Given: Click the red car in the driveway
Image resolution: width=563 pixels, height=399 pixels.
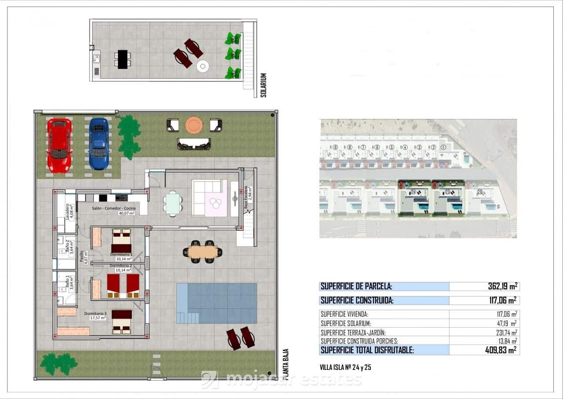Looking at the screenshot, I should point(59,145).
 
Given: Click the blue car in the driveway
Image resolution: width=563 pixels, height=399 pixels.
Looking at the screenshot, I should point(99,144).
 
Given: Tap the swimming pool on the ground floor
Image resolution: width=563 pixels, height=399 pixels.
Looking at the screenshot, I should point(216,303).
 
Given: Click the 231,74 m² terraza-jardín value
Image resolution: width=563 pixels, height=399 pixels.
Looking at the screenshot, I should point(505,332).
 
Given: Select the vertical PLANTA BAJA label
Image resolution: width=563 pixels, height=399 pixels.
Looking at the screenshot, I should point(285,364).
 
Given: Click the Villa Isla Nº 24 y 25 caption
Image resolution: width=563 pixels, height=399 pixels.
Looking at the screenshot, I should point(346,367).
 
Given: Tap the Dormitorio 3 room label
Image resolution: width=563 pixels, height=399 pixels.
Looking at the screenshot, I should point(95,314).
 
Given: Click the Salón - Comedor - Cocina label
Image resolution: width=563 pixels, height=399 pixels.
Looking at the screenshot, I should point(113,208).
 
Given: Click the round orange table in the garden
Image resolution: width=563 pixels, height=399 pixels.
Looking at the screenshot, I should point(194,125).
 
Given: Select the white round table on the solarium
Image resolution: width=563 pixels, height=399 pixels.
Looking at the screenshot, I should point(202,66).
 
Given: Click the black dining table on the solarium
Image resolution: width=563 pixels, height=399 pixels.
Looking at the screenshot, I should point(122,59).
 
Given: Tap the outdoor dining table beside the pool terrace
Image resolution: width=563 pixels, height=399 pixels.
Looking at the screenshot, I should point(203,252).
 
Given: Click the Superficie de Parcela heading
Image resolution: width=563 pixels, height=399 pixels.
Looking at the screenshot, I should point(356,286).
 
